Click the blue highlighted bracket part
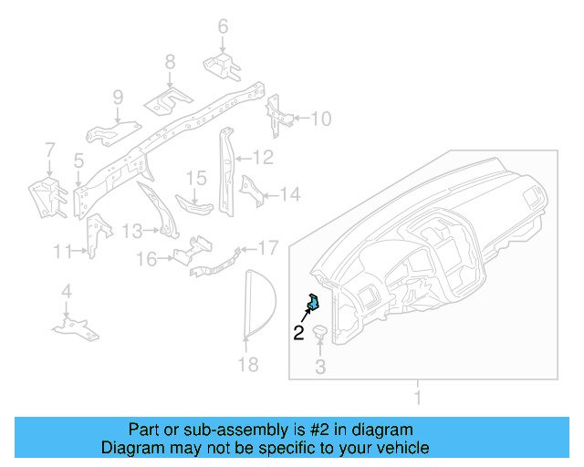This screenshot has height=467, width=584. [x=313, y=302]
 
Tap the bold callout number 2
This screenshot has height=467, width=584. [x=298, y=333]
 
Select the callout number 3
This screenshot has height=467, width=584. [x=320, y=368]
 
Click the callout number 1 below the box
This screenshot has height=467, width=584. [x=418, y=398]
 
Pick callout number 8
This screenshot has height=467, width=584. [x=170, y=62]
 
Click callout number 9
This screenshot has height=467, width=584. [x=118, y=98]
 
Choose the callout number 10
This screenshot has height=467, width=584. [x=322, y=119]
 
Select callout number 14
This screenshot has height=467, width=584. [x=289, y=193]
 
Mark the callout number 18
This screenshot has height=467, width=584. [x=247, y=365]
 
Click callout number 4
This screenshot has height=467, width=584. [x=66, y=292]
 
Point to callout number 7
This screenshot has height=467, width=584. [x=50, y=149]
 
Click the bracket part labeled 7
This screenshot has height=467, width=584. [x=44, y=196]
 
